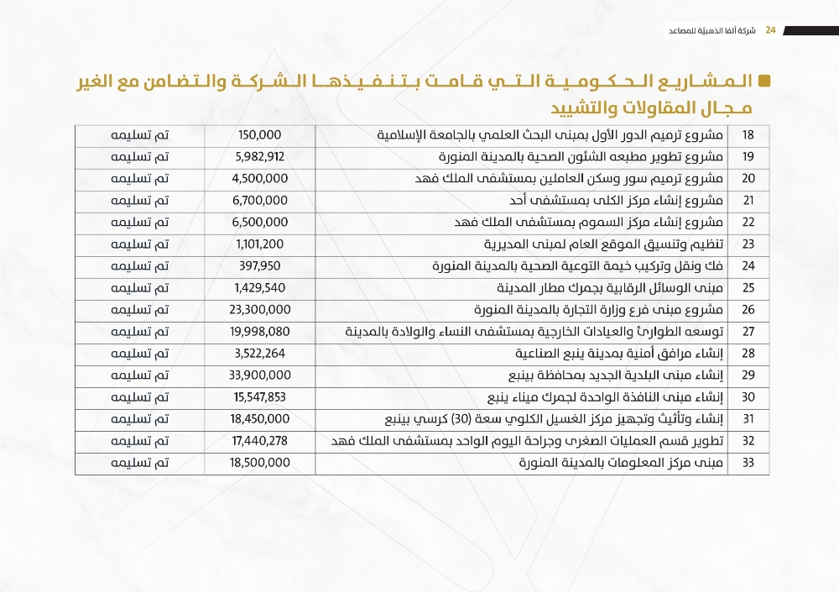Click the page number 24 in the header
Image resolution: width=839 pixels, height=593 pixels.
click(770, 30)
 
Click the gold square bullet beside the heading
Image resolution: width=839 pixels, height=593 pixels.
click(763, 81)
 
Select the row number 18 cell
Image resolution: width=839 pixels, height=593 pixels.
click(749, 134)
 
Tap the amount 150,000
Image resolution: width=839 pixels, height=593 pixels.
click(260, 134)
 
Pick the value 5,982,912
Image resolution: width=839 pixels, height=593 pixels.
click(260, 156)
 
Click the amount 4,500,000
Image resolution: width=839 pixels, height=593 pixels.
click(260, 178)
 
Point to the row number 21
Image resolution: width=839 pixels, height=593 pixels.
click(749, 200)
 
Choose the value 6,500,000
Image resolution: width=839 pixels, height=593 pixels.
click(260, 222)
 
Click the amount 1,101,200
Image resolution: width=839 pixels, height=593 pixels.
click(260, 244)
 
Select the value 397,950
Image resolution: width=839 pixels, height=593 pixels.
click(260, 265)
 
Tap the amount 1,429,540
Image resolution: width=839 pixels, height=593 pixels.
click(260, 287)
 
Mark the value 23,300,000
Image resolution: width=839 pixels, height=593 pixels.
click(260, 309)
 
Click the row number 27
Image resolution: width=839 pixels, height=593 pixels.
click(749, 331)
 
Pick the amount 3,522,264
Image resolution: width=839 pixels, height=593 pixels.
click(260, 353)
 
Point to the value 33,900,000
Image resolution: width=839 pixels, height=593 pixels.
click(260, 375)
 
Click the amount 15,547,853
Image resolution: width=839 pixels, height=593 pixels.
click(260, 396)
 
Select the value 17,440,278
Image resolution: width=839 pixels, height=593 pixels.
click(260, 440)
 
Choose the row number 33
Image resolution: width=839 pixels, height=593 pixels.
click(749, 462)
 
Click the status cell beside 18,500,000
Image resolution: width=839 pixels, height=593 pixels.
click(141, 462)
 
